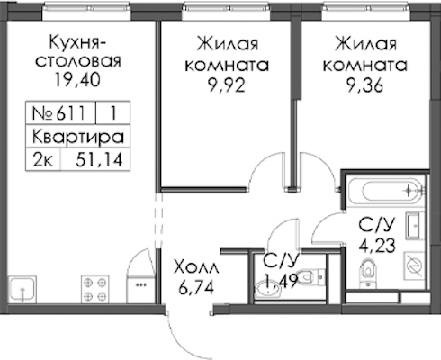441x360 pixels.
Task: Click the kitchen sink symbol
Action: click(x=22, y=289)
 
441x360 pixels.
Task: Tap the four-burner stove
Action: click(x=95, y=289)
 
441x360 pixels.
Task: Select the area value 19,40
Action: click(x=77, y=80)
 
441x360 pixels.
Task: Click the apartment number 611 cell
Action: click(x=60, y=113)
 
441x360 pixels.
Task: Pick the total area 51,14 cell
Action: click(x=95, y=159)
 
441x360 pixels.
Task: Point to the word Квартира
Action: click(x=77, y=137)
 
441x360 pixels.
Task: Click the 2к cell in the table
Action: click(x=43, y=159)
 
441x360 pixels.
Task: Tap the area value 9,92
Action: click(x=227, y=85)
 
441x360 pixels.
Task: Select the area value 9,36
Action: click(x=364, y=85)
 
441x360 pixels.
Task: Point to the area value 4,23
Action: click(x=377, y=245)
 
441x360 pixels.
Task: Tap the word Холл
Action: click(x=196, y=266)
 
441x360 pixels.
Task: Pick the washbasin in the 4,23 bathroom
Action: click(x=415, y=225)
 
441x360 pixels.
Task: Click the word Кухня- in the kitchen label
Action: click(x=77, y=43)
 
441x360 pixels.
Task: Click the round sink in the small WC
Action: click(x=268, y=288)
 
